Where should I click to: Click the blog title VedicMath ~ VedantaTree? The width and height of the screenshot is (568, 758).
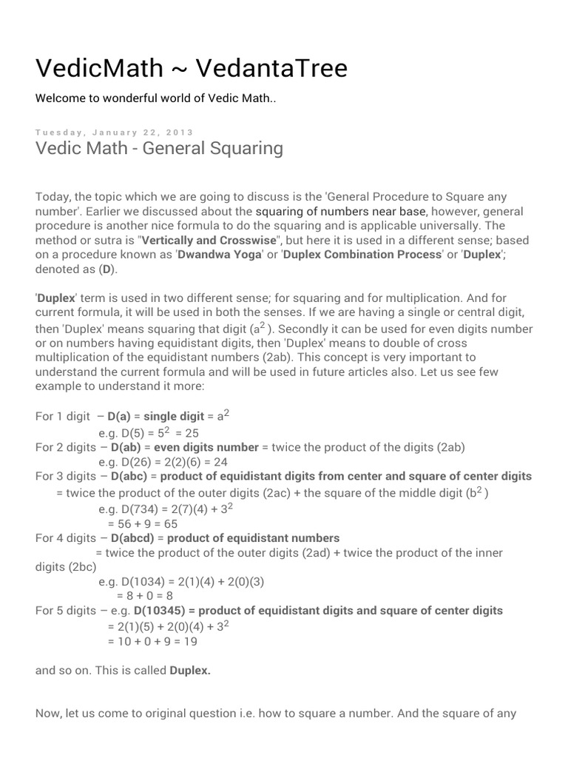tap(192, 69)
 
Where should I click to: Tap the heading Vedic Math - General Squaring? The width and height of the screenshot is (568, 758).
tap(159, 148)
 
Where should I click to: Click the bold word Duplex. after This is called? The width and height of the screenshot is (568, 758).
tap(190, 671)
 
